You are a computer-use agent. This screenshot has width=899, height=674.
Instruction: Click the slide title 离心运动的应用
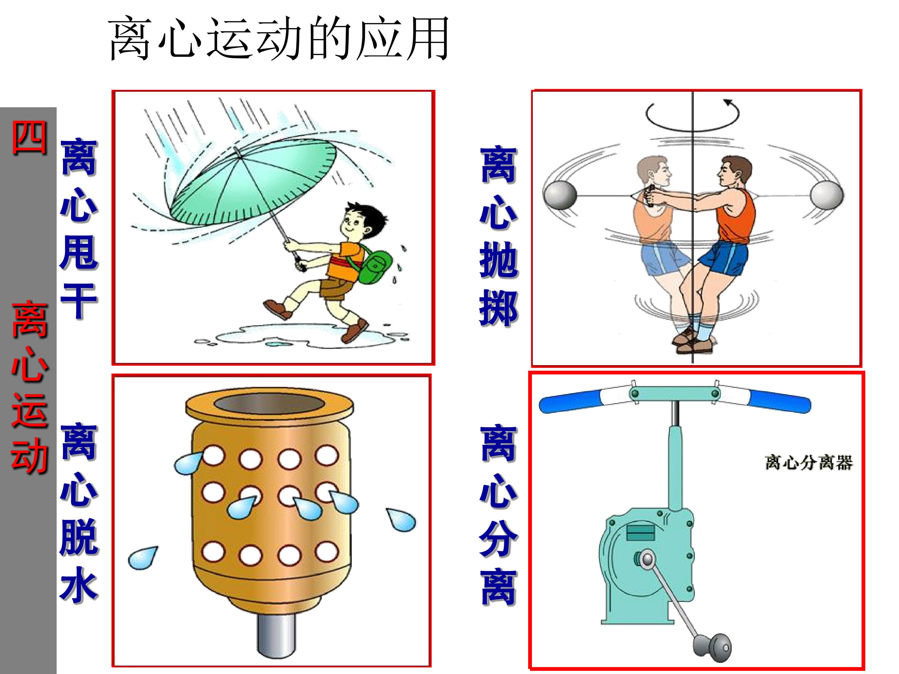click(x=279, y=39)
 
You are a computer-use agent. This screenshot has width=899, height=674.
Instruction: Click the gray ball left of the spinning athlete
click(x=560, y=195)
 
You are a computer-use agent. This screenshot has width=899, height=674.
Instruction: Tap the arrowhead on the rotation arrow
click(x=728, y=102)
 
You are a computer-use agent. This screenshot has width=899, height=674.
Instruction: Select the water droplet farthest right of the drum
click(x=401, y=520)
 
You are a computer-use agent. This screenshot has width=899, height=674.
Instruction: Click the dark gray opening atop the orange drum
click(x=269, y=404)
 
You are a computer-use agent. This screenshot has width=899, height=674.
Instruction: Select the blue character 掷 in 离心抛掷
click(x=498, y=309)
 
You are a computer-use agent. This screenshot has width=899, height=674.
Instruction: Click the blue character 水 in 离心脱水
click(x=79, y=585)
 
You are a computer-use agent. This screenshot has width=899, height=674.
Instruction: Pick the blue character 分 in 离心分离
click(x=498, y=539)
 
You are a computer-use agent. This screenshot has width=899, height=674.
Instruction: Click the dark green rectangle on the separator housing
click(x=641, y=533)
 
